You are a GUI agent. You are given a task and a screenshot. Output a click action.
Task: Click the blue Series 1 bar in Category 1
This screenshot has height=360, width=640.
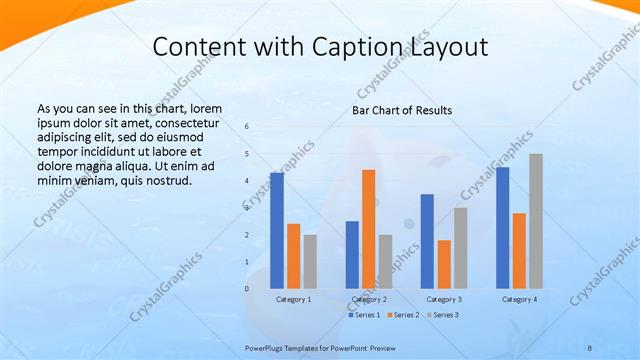click(277, 231)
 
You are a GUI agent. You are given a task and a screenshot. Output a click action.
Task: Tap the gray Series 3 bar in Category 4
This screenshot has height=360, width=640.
click(536, 221)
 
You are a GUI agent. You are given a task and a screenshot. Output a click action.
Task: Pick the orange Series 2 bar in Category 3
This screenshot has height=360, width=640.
click(444, 264)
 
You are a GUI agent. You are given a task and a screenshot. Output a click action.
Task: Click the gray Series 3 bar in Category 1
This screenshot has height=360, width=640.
click(310, 262)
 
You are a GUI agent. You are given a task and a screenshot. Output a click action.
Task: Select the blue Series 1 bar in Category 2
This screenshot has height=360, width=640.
click(352, 255)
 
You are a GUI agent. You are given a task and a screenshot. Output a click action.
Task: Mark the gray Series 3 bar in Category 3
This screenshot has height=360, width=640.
click(460, 248)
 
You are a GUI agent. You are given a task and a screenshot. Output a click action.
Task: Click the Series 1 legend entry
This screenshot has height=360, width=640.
click(364, 315)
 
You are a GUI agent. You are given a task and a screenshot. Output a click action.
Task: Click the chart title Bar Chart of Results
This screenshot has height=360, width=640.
click(402, 110)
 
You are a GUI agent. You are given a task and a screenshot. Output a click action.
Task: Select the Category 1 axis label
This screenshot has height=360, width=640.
click(293, 299)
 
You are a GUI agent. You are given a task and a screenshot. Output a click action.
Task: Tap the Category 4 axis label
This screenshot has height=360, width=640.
click(519, 299)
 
